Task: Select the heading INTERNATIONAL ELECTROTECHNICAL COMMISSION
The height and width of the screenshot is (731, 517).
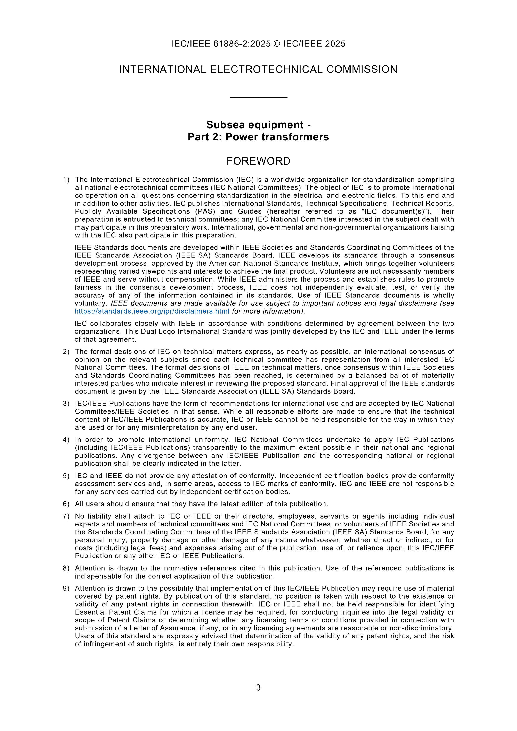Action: point(258,69)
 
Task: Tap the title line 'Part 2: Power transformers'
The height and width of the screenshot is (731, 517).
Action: point(258,137)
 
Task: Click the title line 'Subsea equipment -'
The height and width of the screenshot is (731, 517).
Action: point(258,125)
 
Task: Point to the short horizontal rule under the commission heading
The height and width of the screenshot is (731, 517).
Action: point(258,97)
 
